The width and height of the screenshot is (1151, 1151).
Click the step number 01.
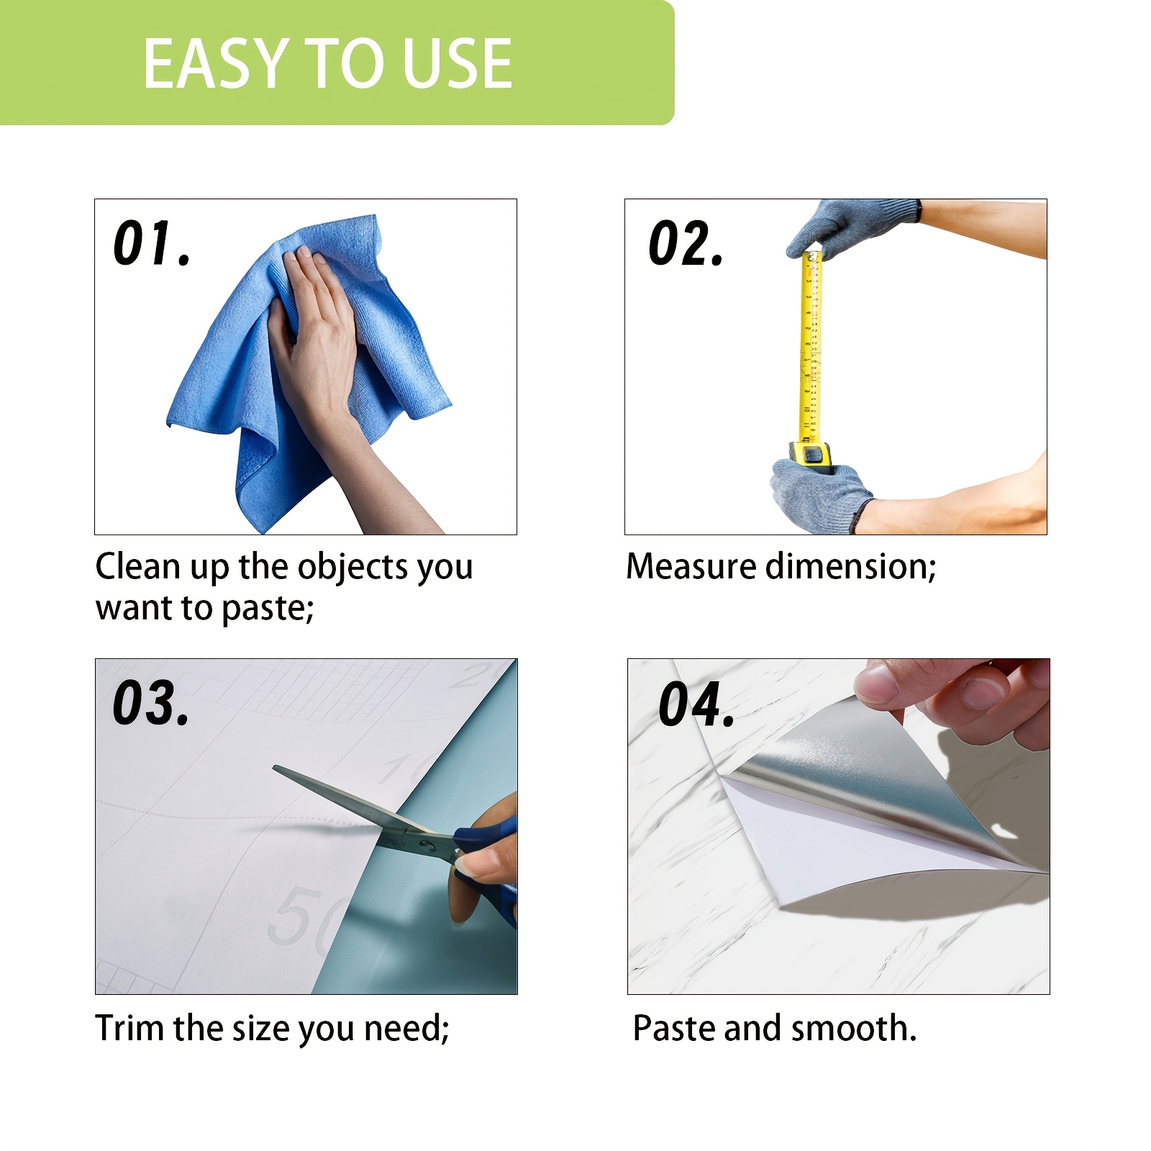point(152,243)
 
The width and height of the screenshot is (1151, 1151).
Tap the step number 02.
point(686,243)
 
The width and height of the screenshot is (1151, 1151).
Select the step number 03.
point(151,702)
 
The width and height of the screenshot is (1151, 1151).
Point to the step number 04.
point(696,704)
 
